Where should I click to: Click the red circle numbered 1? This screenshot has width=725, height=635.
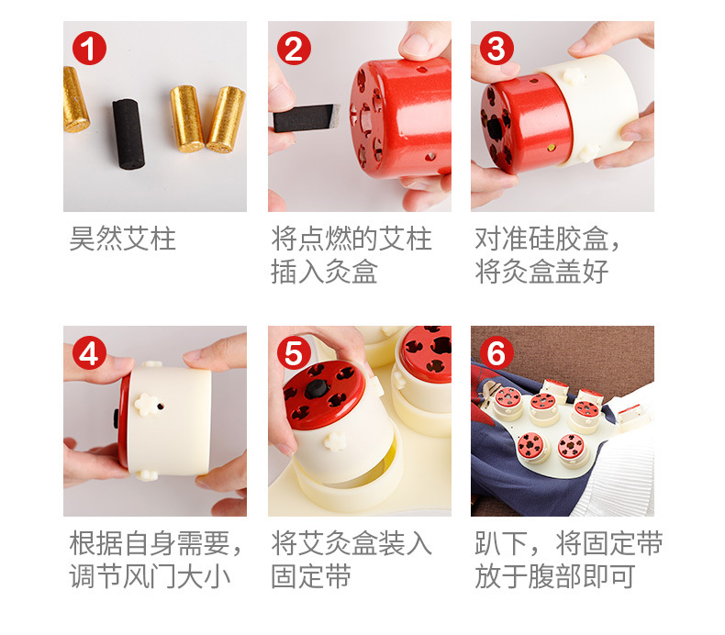click(89, 48)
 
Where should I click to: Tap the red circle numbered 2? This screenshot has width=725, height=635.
click(294, 48)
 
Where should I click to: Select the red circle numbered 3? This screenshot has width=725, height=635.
click(496, 48)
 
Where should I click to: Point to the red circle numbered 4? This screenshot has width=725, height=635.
click(89, 353)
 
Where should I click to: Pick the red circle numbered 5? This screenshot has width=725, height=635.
click(294, 353)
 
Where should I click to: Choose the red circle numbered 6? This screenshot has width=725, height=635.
click(496, 353)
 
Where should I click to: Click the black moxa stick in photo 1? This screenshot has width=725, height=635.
click(128, 134)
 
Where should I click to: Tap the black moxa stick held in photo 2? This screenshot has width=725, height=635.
click(307, 118)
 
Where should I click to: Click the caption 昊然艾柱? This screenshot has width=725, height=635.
click(123, 239)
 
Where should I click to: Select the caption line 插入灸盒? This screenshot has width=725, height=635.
click(324, 272)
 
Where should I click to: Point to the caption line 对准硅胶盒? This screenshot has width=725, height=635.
click(547, 239)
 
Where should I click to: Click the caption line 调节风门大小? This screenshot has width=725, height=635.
click(150, 576)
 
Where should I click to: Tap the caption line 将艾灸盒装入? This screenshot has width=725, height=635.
click(351, 543)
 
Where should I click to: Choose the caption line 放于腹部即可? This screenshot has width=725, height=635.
click(555, 576)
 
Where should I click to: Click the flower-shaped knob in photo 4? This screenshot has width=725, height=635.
click(147, 405)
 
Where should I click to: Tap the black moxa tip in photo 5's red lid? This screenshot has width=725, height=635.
click(317, 389)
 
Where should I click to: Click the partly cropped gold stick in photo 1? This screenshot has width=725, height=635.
click(75, 99)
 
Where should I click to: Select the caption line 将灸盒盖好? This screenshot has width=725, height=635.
click(541, 272)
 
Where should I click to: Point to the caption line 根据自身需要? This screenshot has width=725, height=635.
click(156, 543)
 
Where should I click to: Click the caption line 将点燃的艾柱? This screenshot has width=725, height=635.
click(351, 239)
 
